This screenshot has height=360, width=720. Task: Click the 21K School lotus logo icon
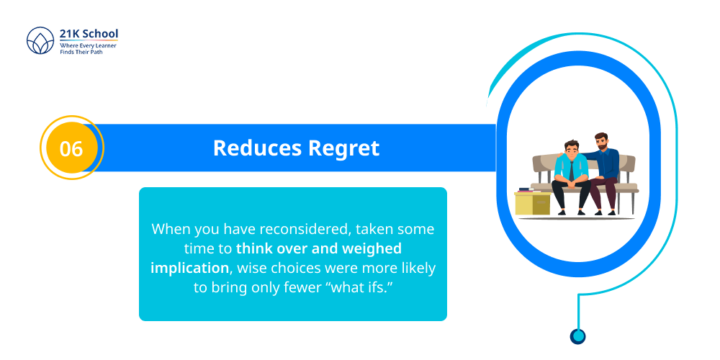(x=40, y=41)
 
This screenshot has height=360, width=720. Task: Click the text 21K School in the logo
(x=89, y=34)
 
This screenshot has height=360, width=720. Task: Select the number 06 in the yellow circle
(x=71, y=148)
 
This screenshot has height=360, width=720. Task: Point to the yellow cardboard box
(x=532, y=204)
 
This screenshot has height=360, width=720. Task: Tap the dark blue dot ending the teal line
(x=577, y=336)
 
